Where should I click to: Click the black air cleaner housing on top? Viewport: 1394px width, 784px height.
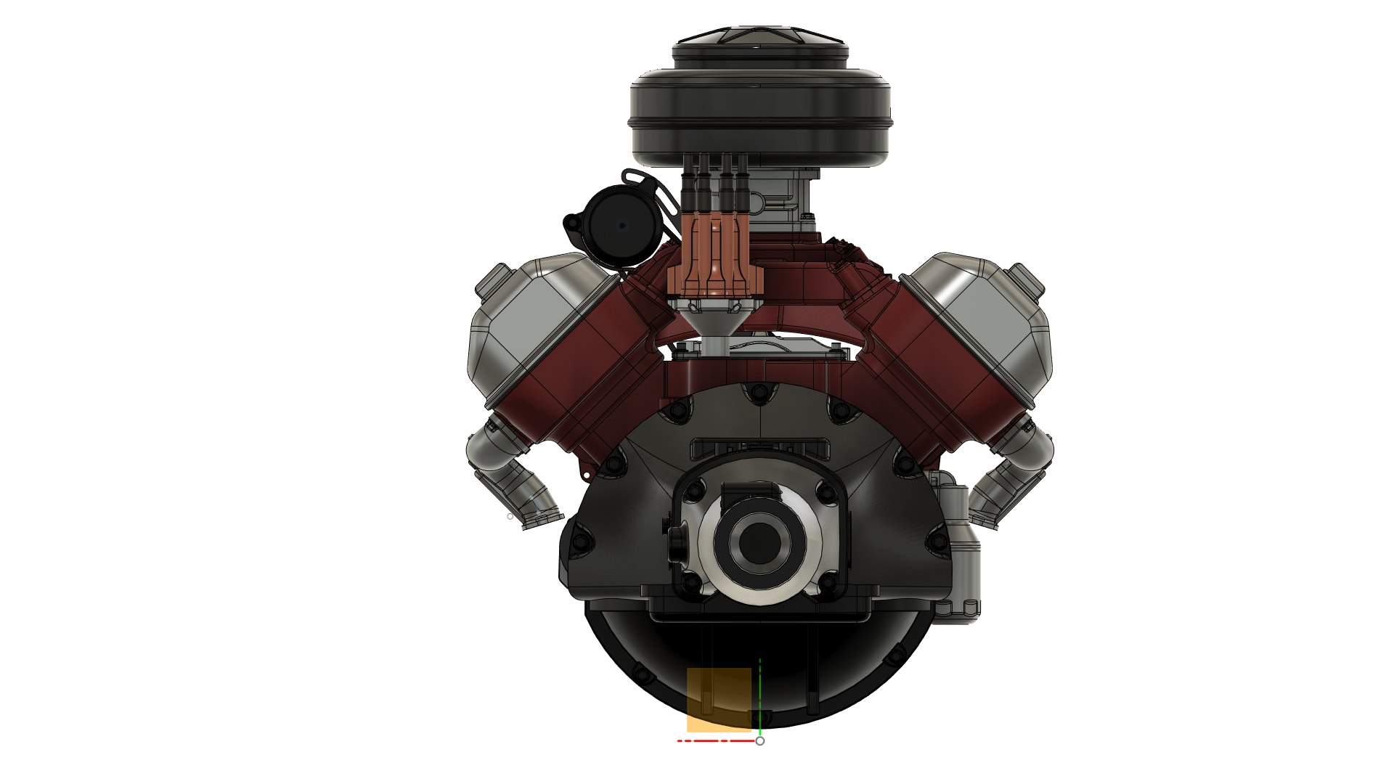point(759,116)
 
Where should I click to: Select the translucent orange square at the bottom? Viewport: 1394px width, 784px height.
point(719,699)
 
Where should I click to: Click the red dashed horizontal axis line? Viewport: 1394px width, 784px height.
point(715,740)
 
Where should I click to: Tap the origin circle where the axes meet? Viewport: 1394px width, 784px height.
point(760,740)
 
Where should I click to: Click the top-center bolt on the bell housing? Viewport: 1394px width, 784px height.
point(759,394)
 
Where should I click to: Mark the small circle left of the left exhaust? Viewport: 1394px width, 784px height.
point(510,517)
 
